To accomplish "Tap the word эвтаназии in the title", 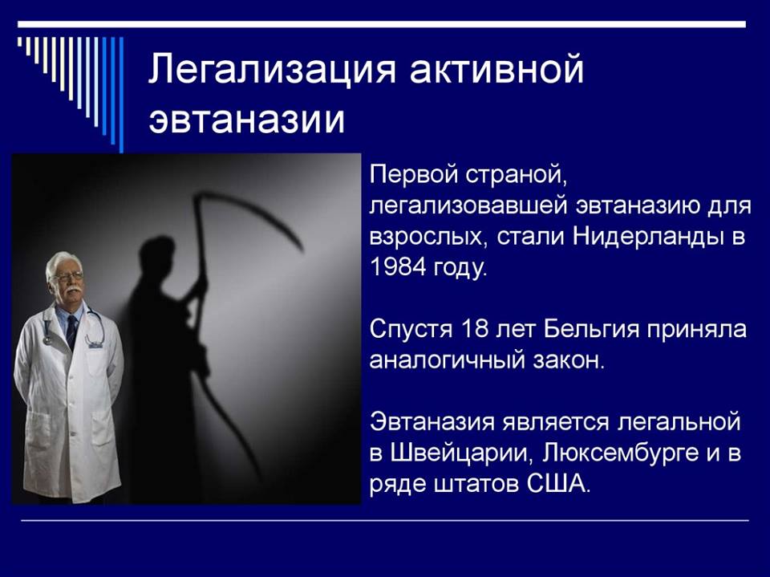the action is tap(246, 119).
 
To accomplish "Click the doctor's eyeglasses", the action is tap(67, 277).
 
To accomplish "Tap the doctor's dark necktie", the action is tap(71, 331).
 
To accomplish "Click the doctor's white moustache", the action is tap(73, 291).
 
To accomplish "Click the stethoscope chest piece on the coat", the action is tap(47, 339).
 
